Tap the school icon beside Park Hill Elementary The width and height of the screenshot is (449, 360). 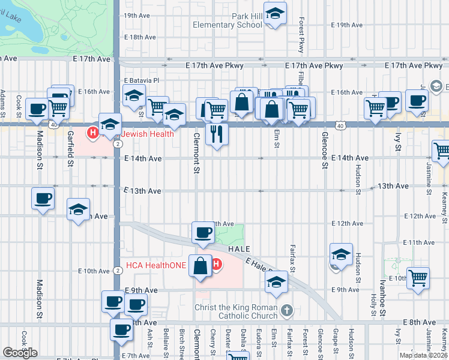tap(275, 14)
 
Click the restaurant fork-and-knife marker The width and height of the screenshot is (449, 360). tap(217, 133)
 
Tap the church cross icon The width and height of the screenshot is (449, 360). tap(287, 310)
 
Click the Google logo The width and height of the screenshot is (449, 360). tap(20, 352)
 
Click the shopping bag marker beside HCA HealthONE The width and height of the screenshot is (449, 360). tap(200, 265)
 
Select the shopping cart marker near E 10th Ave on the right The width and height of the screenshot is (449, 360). tap(418, 277)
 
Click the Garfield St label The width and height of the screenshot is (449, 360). tap(70, 148)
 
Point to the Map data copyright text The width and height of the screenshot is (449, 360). tap(423, 355)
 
